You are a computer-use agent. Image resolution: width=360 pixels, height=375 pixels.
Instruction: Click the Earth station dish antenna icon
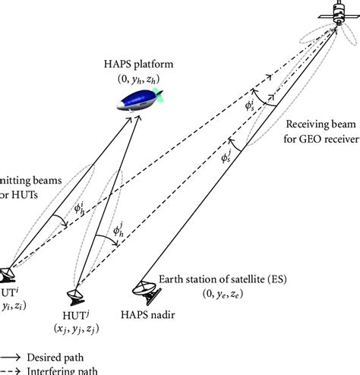pyautogui.click(x=144, y=288)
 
